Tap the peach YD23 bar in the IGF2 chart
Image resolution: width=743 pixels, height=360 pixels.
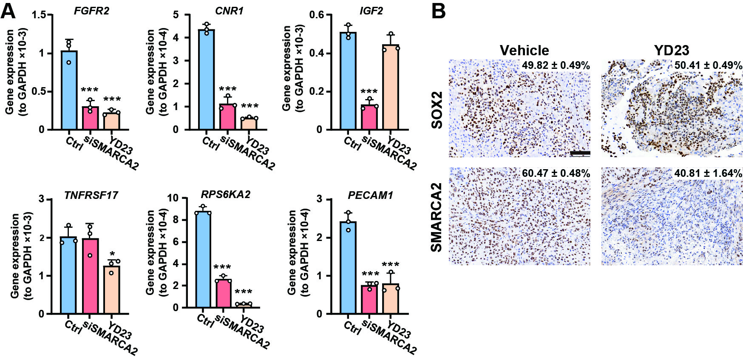click(x=391, y=87)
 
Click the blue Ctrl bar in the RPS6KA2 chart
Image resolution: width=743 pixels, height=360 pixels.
click(x=203, y=259)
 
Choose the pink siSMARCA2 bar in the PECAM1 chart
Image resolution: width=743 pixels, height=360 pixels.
click(x=369, y=300)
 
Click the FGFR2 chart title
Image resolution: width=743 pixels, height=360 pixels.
click(x=91, y=11)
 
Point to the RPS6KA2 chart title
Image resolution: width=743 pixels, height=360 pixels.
click(x=226, y=194)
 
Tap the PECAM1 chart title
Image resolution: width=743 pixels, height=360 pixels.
click(x=370, y=195)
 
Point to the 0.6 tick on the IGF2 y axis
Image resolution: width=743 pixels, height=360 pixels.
click(x=317, y=15)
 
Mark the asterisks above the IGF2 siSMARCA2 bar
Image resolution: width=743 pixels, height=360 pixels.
click(x=369, y=92)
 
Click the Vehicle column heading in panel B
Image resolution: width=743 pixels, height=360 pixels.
click(x=524, y=51)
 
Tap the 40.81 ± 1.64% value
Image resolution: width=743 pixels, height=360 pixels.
click(x=708, y=173)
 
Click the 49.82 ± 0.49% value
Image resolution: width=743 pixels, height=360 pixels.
click(x=556, y=65)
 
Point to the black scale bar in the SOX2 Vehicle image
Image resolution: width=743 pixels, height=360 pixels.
click(x=579, y=153)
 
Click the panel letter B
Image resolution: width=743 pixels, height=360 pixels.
click(x=438, y=11)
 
